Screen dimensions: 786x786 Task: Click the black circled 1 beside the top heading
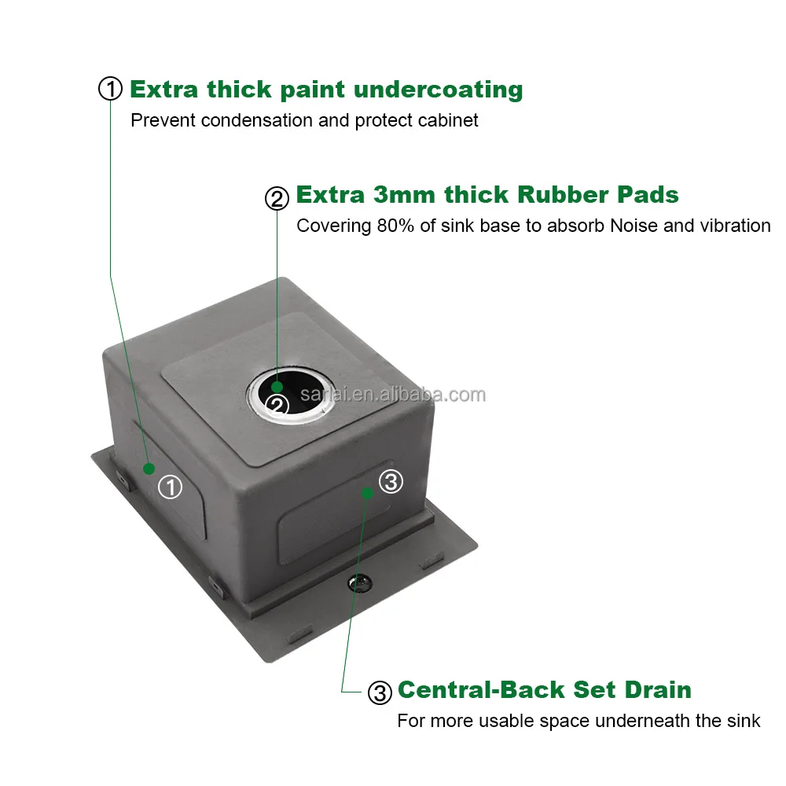coord(110,89)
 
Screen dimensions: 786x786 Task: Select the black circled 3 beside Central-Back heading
coord(379,692)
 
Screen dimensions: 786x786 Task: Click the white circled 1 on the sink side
coord(170,487)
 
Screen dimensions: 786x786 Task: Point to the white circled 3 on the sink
coord(391,481)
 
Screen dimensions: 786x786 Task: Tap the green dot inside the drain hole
coord(277,387)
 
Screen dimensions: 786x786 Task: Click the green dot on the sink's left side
coord(148,468)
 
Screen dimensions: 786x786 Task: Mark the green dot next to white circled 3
coord(366,493)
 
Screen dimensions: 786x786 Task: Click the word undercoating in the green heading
coord(438,90)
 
